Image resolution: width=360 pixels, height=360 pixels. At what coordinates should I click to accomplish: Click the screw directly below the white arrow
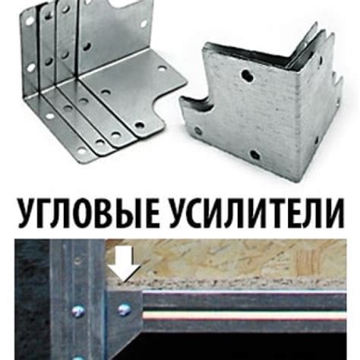click(x=124, y=309)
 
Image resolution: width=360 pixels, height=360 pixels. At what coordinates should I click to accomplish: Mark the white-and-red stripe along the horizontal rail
click(x=251, y=312)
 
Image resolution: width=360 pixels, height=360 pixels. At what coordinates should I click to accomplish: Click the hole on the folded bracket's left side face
click(x=200, y=131)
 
